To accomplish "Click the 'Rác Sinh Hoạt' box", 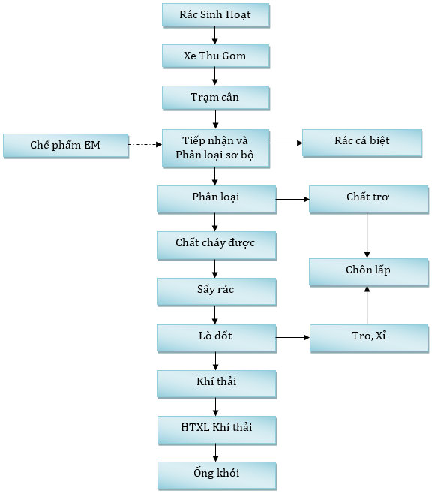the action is click(x=215, y=15).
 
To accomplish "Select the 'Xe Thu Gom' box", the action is click(x=215, y=56).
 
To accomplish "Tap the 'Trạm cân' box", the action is click(x=215, y=98).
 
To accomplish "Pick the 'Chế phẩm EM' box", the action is click(x=66, y=146).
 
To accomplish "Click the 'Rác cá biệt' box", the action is click(x=361, y=143).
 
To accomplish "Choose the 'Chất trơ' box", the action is click(x=369, y=200).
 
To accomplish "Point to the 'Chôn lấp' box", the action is click(x=369, y=273).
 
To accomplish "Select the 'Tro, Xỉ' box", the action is click(x=369, y=338).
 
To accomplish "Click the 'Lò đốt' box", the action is click(x=217, y=338).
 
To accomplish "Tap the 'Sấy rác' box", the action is click(x=217, y=292).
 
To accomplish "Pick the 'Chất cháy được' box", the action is click(x=217, y=245).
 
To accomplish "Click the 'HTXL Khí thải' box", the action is click(x=217, y=430).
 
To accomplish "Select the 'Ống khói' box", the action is click(x=217, y=476).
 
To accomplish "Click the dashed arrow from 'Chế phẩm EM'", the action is click(x=145, y=145).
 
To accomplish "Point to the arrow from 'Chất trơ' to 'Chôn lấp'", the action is click(x=367, y=236).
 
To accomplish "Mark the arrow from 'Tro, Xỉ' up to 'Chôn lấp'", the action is click(x=367, y=305).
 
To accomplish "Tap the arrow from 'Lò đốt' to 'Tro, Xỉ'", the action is click(x=293, y=337).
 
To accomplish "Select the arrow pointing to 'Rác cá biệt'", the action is click(x=286, y=143).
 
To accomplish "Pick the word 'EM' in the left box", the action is click(x=91, y=145).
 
